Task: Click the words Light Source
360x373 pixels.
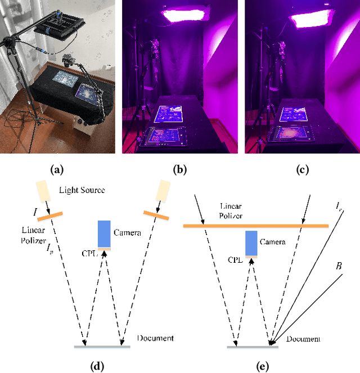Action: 82,190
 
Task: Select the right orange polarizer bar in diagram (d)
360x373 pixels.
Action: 156,215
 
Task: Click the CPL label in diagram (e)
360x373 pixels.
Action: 235,260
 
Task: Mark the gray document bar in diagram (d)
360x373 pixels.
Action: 102,346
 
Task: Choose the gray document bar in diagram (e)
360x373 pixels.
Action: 253,347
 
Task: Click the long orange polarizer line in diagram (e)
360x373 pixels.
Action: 256,226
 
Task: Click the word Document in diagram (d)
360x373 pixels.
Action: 155,338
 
